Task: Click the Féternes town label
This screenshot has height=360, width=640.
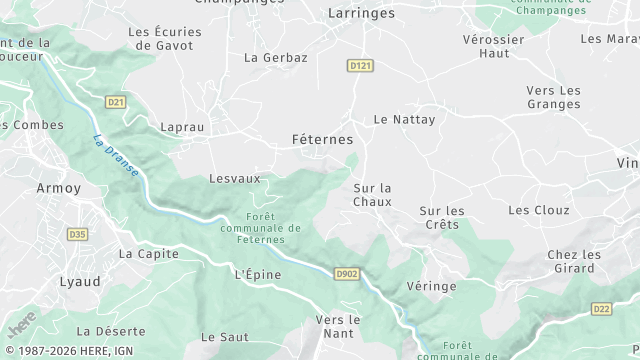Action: click(321, 139)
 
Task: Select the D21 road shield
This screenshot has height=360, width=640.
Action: click(115, 102)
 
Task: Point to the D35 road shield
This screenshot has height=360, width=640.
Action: click(77, 234)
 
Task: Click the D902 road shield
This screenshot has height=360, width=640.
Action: click(346, 272)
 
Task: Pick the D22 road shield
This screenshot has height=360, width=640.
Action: click(601, 309)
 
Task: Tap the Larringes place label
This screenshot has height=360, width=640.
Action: click(362, 14)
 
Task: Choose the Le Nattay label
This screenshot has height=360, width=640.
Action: click(404, 119)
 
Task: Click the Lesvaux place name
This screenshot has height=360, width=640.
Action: click(234, 178)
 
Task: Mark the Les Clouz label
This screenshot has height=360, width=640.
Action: click(538, 210)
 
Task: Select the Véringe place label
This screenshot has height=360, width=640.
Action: click(432, 286)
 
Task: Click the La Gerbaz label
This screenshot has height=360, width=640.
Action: click(275, 58)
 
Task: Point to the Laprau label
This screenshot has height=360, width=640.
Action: click(182, 128)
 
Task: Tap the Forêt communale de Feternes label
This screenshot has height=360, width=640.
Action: click(273, 228)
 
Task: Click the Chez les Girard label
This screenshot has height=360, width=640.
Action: click(574, 261)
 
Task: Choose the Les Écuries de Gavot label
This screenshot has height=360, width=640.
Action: click(166, 38)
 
